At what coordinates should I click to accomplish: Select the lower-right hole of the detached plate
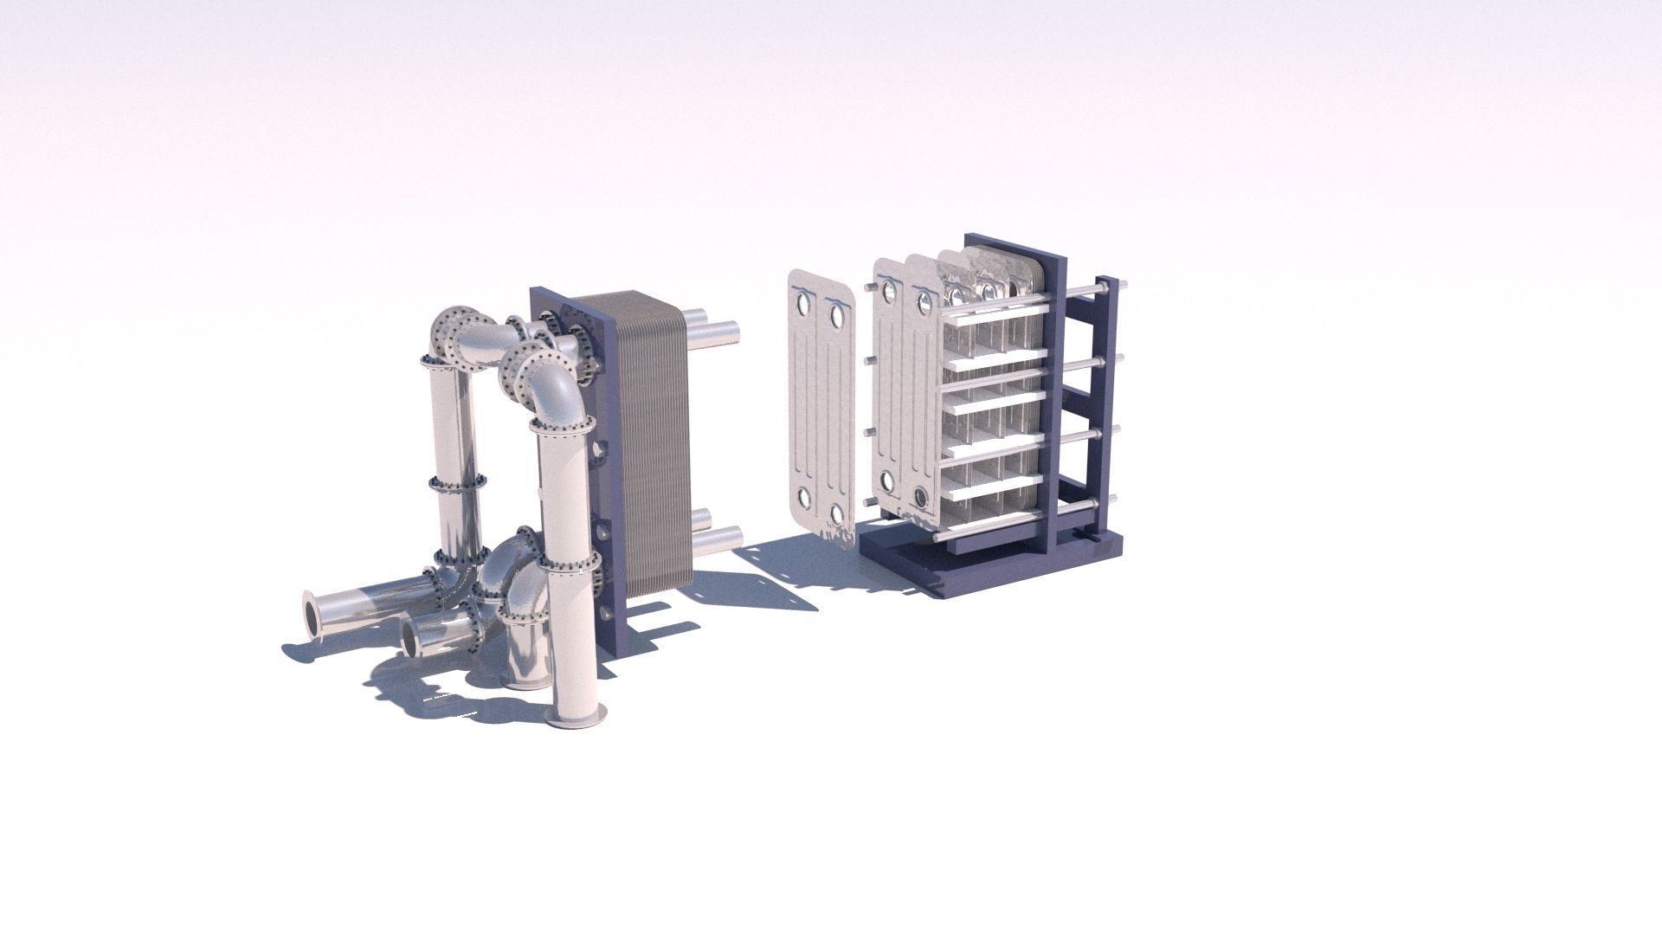(x=837, y=514)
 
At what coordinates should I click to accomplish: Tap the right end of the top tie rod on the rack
(x=1124, y=282)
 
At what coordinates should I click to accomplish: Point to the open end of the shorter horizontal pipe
(x=409, y=638)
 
